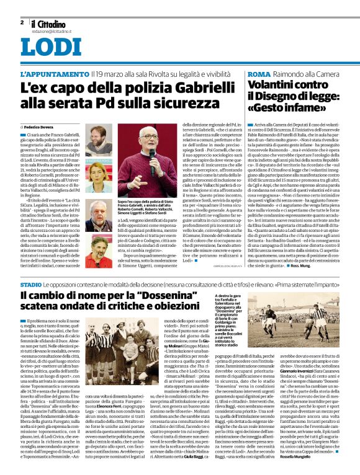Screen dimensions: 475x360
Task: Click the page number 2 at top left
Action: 22,22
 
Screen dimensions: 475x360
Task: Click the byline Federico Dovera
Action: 41,126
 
